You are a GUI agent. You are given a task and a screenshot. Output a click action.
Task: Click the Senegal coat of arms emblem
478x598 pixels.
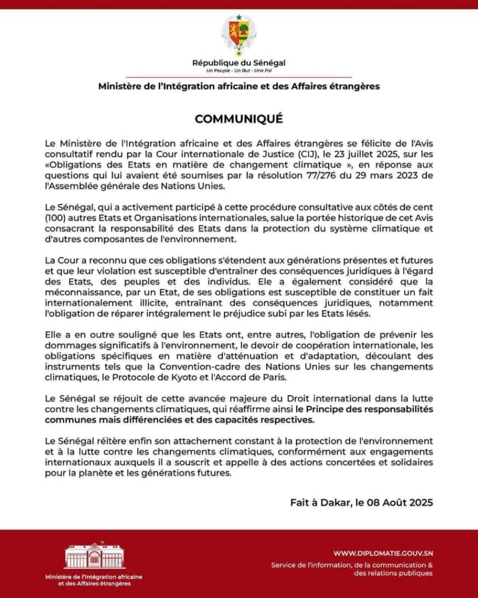(x=239, y=33)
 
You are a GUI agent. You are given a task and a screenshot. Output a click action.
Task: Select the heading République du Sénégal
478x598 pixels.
(x=239, y=62)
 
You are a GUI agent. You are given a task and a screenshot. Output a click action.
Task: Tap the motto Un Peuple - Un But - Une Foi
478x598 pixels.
(x=239, y=70)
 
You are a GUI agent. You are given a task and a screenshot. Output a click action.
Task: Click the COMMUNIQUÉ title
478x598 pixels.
(x=239, y=119)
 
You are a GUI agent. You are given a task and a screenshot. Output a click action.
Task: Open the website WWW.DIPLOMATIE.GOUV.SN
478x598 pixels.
(x=383, y=553)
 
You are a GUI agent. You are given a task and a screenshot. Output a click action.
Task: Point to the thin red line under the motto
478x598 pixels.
(x=239, y=77)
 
